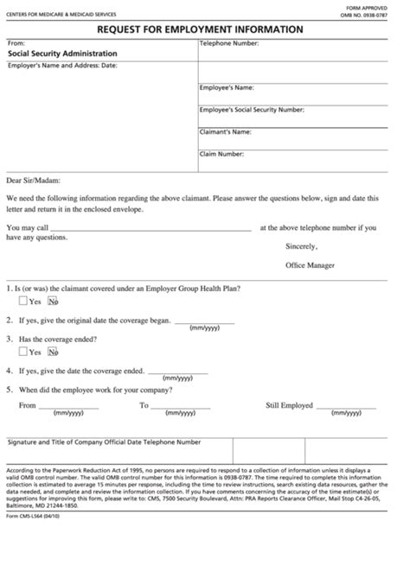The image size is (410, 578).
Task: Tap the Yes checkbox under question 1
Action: coord(23,302)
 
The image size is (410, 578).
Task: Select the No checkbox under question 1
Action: coord(53,302)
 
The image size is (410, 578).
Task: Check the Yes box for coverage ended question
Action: coord(23,352)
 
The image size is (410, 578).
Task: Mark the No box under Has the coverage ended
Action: coord(53,352)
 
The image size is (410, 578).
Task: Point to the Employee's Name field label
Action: coord(227,87)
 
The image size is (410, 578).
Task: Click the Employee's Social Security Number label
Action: coord(251,110)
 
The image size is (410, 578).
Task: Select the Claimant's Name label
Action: coord(226,132)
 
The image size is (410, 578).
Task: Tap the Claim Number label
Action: coord(221,155)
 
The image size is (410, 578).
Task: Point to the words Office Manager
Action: coord(310,265)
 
